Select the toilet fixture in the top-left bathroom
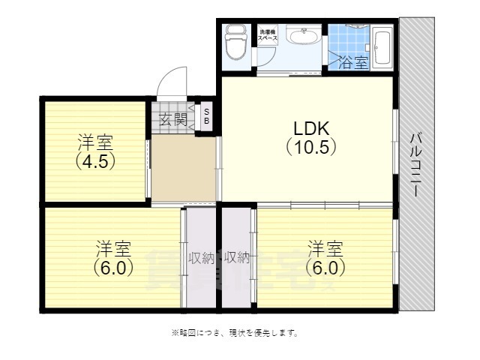[x=235, y=43]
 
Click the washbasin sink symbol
[x=304, y=37]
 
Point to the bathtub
[x=382, y=46]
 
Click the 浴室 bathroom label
[x=352, y=62]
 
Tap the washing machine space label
[x=268, y=34]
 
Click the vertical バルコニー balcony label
[x=415, y=165]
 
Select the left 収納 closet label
[x=202, y=258]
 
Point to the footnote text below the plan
[x=235, y=332]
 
